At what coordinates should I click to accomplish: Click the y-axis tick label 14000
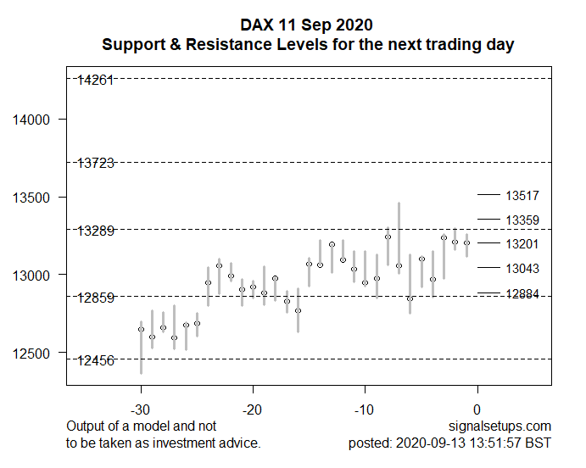pos(31,120)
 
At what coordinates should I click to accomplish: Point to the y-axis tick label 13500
pos(31,198)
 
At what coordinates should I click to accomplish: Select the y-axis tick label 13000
pos(31,276)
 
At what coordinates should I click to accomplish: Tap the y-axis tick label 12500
pos(31,354)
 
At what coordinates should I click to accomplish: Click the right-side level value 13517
pos(522,196)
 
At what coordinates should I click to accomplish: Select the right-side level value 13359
pos(522,220)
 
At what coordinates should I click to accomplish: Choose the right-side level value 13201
pos(522,244)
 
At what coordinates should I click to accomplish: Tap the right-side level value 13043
pos(522,269)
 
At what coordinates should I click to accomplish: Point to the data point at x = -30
pos(141,329)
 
